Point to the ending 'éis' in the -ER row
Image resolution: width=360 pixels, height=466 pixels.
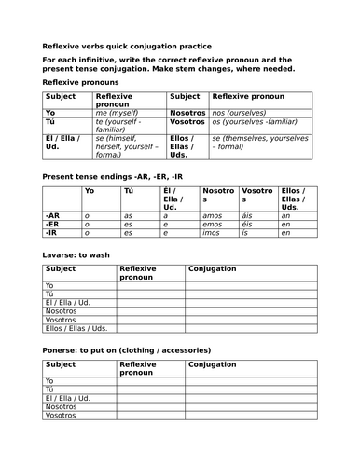(x=249, y=224)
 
